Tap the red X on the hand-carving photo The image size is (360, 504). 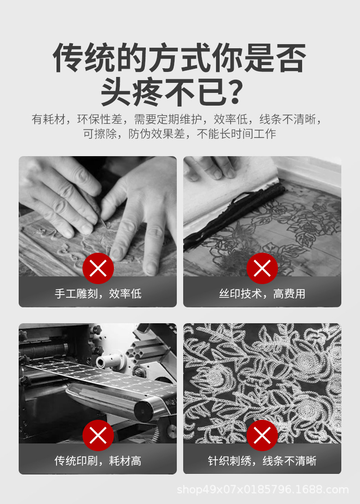98,269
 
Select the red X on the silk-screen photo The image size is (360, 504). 262,269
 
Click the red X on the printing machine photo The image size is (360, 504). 98,436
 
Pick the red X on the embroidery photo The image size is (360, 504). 262,436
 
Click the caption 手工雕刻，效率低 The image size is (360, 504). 98,294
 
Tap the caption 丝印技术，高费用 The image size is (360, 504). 262,294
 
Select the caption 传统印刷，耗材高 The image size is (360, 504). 98,461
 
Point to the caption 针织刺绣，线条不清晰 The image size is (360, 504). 262,461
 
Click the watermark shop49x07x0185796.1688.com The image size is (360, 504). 262,490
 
